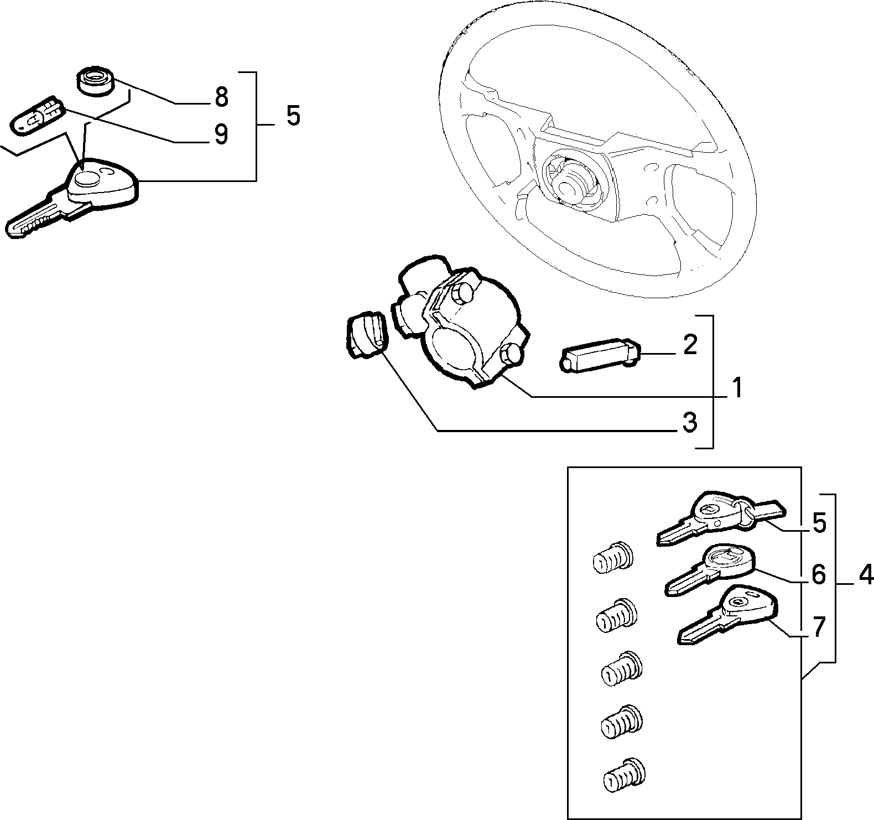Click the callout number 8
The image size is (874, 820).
point(221,97)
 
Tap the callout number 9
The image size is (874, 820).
point(221,134)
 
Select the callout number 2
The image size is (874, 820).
point(690,345)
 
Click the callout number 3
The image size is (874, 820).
point(689,423)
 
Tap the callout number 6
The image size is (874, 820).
point(819,575)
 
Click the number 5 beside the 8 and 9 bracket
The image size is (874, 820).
point(293,116)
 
